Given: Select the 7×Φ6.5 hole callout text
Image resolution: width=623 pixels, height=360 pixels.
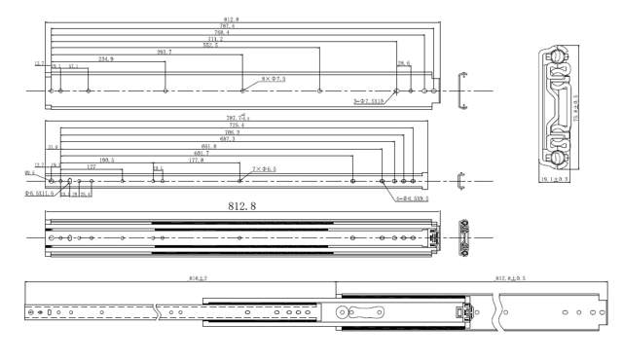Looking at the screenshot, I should [x=264, y=169].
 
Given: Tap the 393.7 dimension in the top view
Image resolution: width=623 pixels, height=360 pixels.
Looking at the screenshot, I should [x=164, y=52].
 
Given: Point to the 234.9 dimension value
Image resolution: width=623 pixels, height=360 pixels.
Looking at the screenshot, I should [x=106, y=59].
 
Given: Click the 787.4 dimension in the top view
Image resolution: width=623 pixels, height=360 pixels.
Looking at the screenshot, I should [x=227, y=26].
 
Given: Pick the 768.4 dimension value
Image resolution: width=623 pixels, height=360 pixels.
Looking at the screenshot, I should [x=221, y=33].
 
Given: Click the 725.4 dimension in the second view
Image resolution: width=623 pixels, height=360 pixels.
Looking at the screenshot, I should [x=236, y=126].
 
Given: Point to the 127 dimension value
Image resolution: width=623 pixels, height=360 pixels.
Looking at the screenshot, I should [x=91, y=166].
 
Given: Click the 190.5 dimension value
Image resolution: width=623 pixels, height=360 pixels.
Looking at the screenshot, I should [x=106, y=159].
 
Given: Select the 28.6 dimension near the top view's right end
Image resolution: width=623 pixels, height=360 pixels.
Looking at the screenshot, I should [x=403, y=63].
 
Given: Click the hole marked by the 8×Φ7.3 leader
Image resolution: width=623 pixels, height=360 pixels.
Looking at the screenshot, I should [x=241, y=90].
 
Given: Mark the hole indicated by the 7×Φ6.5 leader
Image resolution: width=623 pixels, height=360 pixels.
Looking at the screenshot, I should [x=239, y=180].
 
